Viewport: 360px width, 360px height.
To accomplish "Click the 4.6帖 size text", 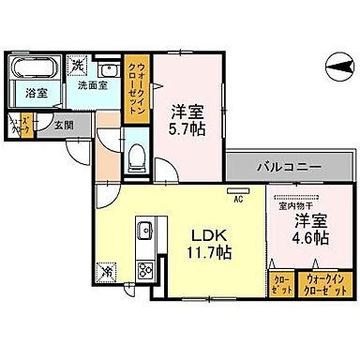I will pos(308,238).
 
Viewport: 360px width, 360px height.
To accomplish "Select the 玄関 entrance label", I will pos(63,126).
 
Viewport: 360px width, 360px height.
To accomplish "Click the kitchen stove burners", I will pos(146,273).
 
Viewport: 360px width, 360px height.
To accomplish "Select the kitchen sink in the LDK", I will pos(145,232).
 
